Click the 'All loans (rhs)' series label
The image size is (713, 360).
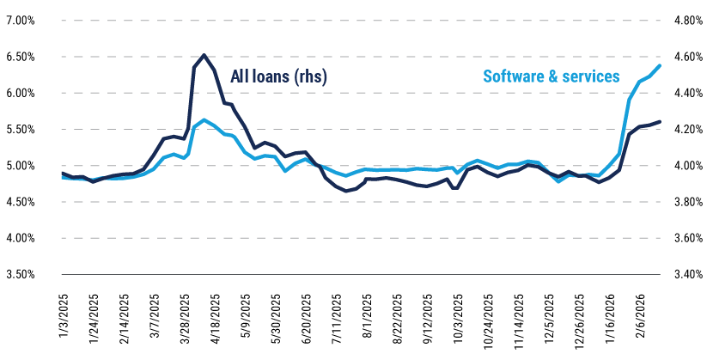(x=278, y=76)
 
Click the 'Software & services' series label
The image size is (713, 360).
(x=552, y=76)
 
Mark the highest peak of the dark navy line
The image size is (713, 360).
(x=204, y=55)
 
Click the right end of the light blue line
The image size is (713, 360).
(x=660, y=65)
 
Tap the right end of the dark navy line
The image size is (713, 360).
(x=660, y=122)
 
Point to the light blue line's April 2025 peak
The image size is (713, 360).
(x=204, y=120)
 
